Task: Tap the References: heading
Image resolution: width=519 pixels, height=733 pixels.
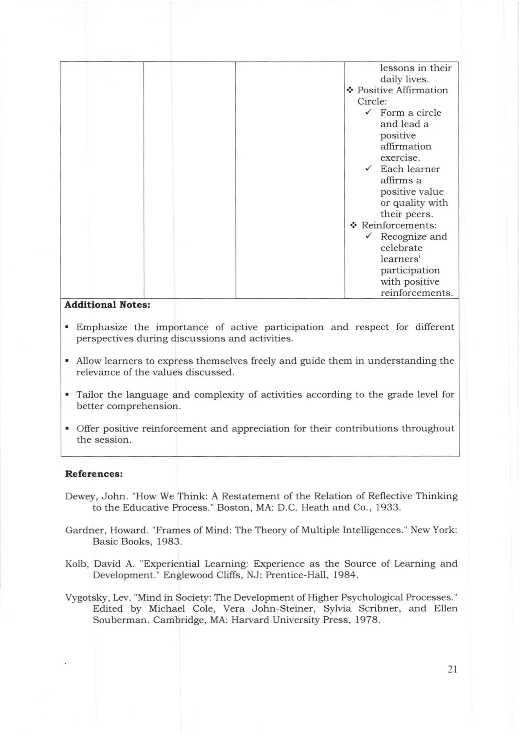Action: (94, 474)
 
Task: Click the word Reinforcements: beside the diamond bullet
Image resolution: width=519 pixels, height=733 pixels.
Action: (399, 225)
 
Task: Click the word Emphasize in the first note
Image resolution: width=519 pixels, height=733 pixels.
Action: (102, 327)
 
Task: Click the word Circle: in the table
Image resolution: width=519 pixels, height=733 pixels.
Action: (372, 101)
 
